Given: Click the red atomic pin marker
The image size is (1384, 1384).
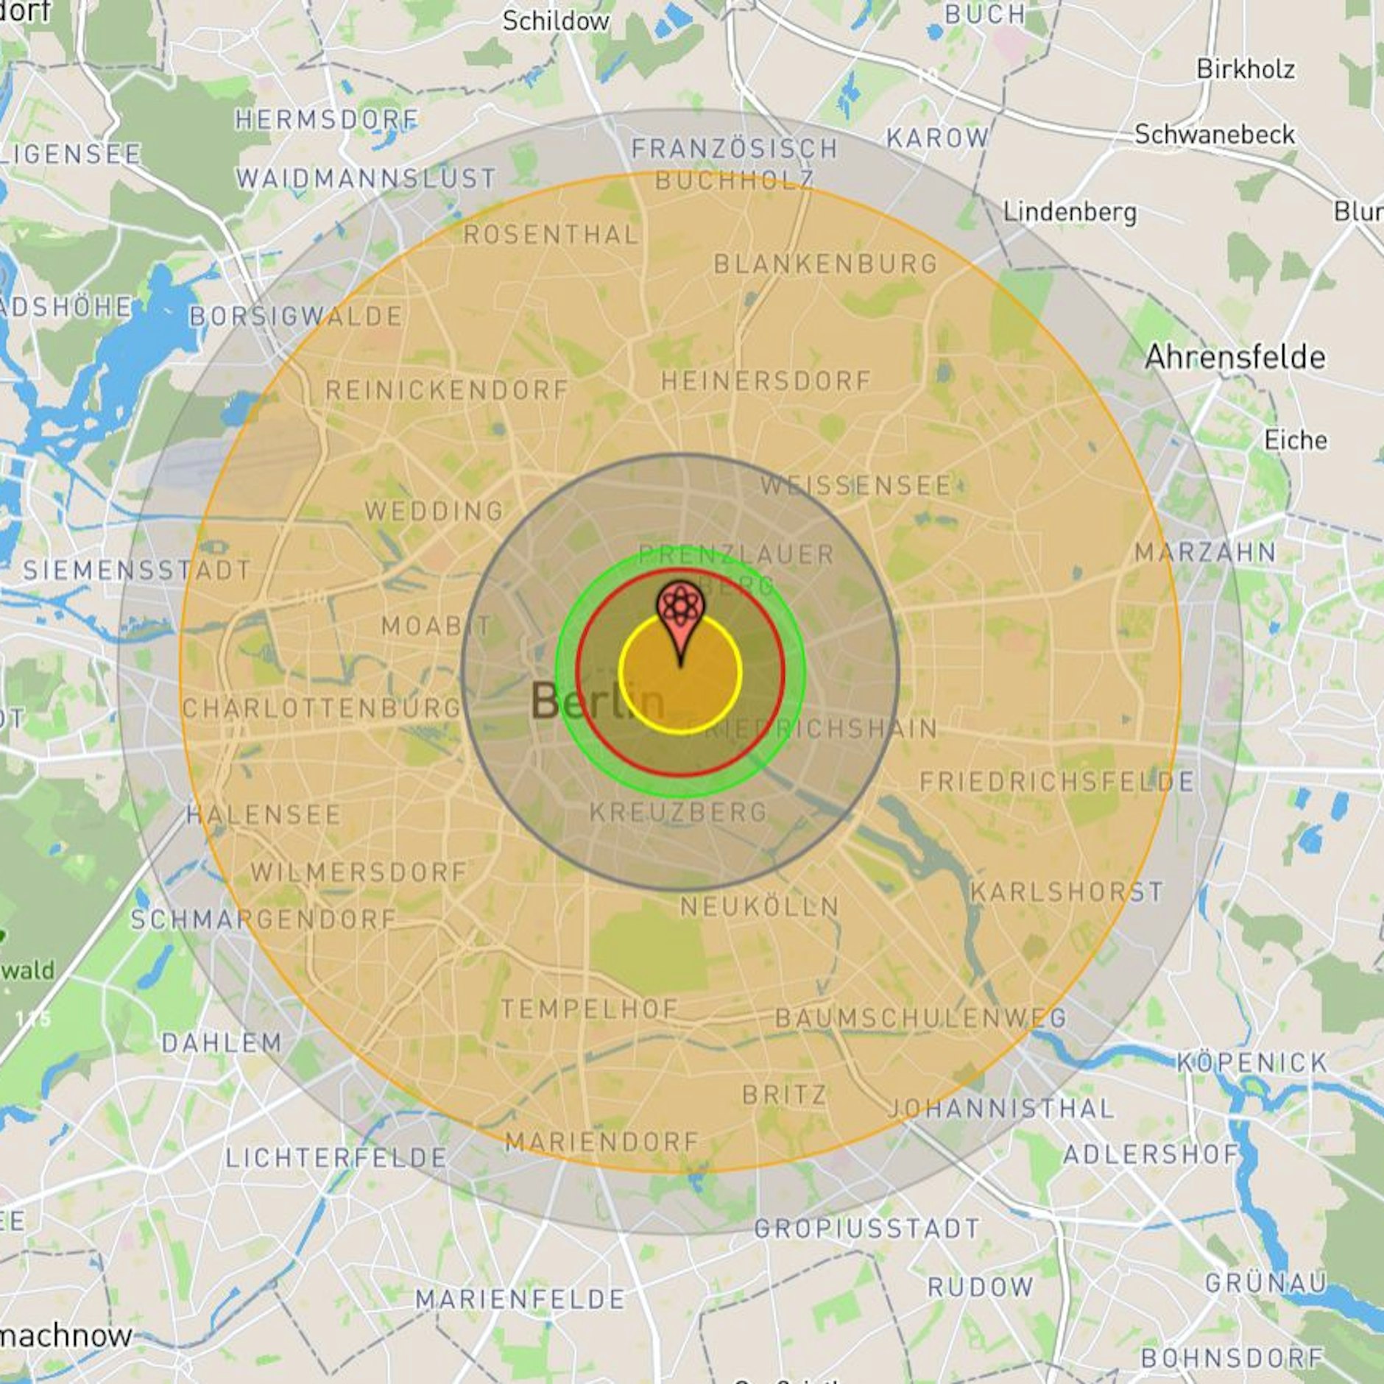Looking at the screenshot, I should point(680,610).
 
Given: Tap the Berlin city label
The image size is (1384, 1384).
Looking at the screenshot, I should point(597,700).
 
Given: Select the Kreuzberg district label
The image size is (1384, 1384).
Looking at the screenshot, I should point(679,812).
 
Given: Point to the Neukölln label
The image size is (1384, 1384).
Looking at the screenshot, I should point(760,906).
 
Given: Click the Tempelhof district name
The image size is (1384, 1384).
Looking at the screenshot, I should point(589,1009).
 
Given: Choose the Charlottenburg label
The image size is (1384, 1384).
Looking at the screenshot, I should point(322,708).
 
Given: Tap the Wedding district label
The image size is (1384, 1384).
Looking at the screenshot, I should point(434,511).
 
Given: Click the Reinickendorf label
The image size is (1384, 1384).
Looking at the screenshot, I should point(447,390).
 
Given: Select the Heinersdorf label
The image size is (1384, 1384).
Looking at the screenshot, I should point(766,381).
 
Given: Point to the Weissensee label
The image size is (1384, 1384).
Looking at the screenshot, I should point(856,486).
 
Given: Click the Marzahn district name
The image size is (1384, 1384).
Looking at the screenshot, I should point(1205,552).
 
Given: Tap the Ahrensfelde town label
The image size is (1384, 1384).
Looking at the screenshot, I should point(1235,358).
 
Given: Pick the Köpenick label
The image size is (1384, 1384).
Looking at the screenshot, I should point(1251,1062).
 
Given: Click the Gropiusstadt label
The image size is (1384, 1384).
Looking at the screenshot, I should point(867,1228).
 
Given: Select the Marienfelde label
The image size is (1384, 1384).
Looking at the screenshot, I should point(520,1299).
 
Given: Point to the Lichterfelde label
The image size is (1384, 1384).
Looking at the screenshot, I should point(336,1158).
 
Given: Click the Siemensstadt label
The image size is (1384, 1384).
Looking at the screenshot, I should point(137,570).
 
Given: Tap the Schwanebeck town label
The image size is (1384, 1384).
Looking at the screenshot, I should point(1215,135).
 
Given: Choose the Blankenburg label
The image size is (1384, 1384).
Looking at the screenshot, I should point(826,264).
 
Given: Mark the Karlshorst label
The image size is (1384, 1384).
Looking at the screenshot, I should point(1066,892).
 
